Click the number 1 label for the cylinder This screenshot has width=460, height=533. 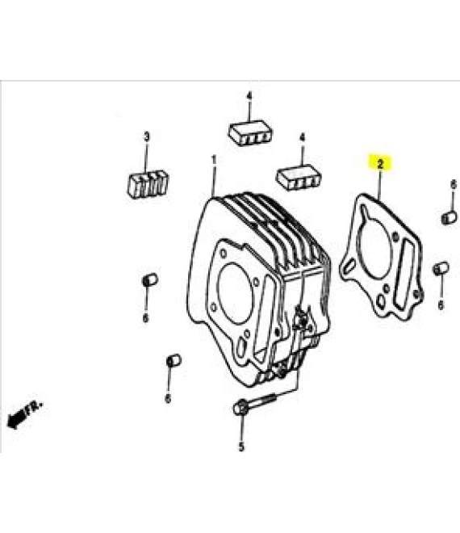tap(214, 160)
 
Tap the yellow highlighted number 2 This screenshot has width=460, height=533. tap(380, 164)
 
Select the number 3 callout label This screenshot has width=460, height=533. tap(146, 137)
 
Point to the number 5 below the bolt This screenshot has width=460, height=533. tap(241, 447)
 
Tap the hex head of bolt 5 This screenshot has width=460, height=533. tap(240, 407)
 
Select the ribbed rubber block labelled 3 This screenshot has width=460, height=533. tap(148, 184)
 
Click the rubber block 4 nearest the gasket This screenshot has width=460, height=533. tap(299, 177)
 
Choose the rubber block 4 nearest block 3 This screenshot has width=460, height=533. tap(249, 132)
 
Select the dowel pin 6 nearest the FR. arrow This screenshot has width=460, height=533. tap(174, 361)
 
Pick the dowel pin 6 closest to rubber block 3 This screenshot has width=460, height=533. tap(149, 279)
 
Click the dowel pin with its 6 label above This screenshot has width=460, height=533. tap(450, 217)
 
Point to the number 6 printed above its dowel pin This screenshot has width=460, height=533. tap(454, 185)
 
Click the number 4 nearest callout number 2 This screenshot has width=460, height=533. tap(302, 138)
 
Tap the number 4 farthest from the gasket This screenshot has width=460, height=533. tap(249, 96)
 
